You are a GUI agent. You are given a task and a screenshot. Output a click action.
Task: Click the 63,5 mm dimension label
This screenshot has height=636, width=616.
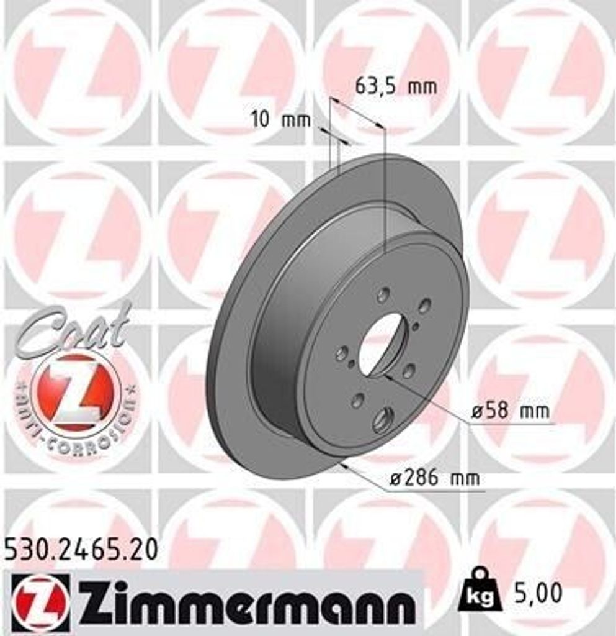395,86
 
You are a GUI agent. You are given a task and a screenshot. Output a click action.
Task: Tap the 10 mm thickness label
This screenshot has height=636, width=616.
280,119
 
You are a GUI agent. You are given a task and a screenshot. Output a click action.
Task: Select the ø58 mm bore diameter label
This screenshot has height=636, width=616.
510,411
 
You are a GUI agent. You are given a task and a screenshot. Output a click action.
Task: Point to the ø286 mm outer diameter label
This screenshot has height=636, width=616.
434,478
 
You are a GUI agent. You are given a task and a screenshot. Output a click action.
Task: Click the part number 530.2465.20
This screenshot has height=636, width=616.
81,549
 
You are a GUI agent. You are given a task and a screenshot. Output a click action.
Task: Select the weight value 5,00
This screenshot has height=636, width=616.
538,594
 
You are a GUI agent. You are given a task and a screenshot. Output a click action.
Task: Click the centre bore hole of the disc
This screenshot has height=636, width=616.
382,345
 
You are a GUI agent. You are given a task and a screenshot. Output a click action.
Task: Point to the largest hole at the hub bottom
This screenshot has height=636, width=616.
383,420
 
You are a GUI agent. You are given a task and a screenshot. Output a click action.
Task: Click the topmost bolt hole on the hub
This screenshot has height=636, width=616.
383,294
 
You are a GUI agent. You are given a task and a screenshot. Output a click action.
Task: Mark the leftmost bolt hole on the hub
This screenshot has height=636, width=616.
341,354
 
